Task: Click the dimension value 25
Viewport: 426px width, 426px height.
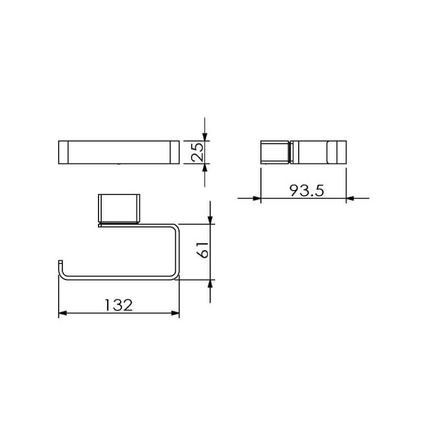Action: [x=197, y=152]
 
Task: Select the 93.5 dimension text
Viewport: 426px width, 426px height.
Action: [x=307, y=191]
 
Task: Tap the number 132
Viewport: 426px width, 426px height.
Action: [x=119, y=305]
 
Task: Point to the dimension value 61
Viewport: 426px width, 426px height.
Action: [x=203, y=250]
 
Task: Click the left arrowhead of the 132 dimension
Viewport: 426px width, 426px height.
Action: [x=62, y=313]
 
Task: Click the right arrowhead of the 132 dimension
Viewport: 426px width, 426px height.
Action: [x=176, y=313]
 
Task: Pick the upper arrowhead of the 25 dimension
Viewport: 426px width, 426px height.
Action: [x=205, y=137]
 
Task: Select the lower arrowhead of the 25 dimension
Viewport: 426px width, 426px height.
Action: [x=205, y=168]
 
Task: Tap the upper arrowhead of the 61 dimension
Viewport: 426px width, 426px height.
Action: [x=210, y=220]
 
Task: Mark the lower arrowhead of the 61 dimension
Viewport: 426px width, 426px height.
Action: [x=210, y=284]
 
